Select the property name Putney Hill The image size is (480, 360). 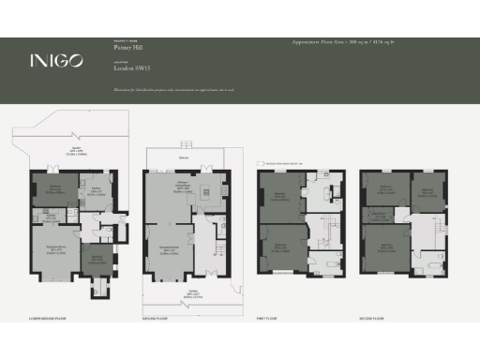126,48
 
